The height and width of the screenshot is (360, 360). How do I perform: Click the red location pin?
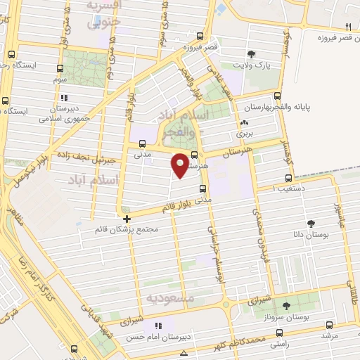point(181,165)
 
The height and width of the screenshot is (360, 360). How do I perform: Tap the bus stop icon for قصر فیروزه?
point(200,36)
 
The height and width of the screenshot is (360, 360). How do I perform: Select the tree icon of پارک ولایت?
point(252,53)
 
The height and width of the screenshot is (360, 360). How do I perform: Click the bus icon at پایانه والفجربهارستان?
point(278,96)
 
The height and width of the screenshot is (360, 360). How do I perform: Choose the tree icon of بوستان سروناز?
point(286,305)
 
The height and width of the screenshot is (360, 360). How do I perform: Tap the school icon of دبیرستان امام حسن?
point(158,326)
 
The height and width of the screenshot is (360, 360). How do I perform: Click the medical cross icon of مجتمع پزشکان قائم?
point(127,219)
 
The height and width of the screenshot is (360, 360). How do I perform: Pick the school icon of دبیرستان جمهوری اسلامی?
point(64,98)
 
